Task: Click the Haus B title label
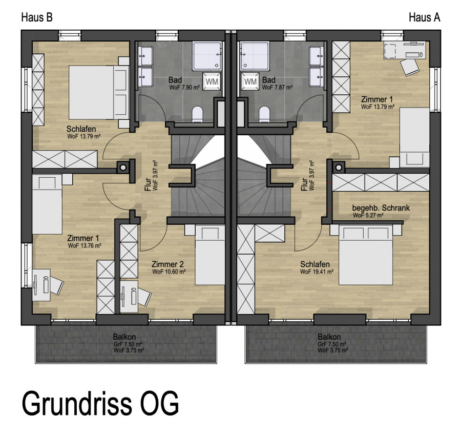coord(37,17)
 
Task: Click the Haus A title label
coord(424,17)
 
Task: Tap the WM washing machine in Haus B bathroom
coord(212,81)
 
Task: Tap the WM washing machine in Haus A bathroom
coord(250,81)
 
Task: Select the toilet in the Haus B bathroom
coord(197,114)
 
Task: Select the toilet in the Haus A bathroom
coord(264,114)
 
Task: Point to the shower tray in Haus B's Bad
coord(207,56)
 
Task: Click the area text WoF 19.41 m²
coord(317,272)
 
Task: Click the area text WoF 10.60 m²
coord(169,272)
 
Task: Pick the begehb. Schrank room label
coord(381,208)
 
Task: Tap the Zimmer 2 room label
coord(168,264)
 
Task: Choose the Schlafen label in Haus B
coord(81,129)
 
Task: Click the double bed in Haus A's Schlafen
coord(366,255)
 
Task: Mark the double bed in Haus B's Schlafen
coord(99,92)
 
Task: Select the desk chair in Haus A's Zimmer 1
coord(409,67)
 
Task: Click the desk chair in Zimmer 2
coord(144,297)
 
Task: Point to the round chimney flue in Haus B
coord(123,168)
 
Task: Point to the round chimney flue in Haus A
coord(339,168)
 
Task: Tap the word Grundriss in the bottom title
coord(77,404)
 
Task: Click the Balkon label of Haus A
coord(329,337)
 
